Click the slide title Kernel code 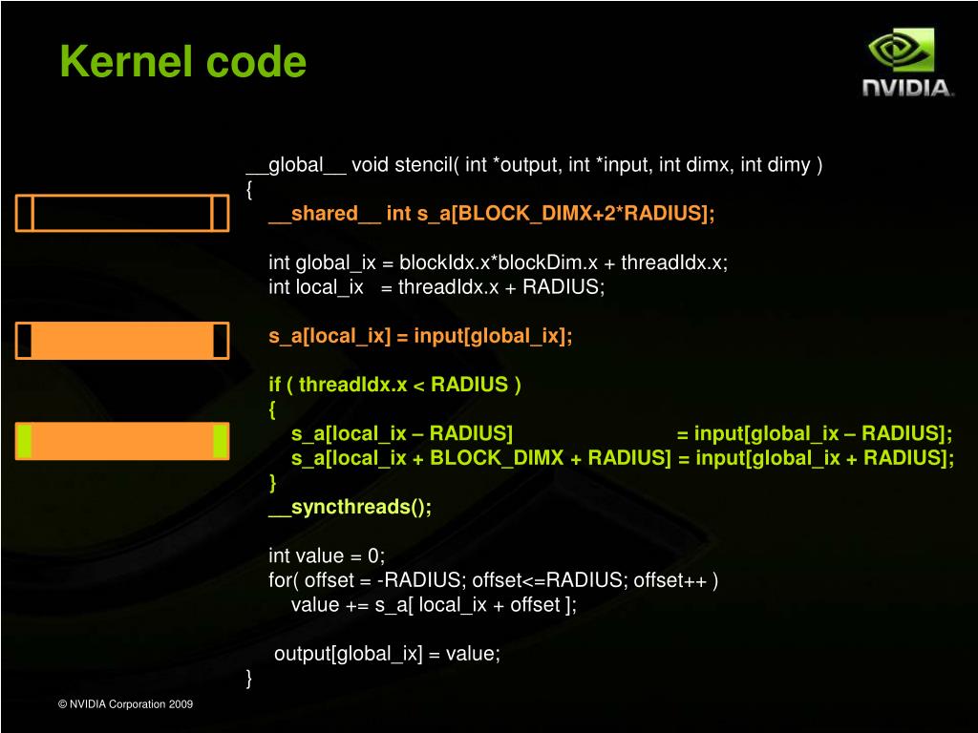pos(182,63)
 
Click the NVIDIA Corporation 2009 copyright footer pos(125,704)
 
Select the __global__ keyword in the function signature pos(296,165)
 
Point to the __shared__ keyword pos(324,214)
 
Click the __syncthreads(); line pos(350,507)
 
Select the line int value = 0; pos(327,555)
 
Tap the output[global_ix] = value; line pos(387,654)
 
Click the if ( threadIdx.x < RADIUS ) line pos(394,385)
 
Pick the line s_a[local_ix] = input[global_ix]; pos(420,336)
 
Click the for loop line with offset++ pos(493,580)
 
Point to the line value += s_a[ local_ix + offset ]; pos(434,604)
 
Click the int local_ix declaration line pos(436,287)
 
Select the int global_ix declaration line pos(498,263)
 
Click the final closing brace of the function pos(250,679)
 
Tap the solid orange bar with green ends pos(122,440)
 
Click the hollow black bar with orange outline pos(122,213)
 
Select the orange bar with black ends pos(122,341)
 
